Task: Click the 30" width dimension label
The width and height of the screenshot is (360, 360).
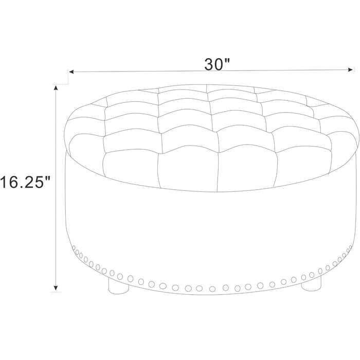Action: pyautogui.click(x=217, y=64)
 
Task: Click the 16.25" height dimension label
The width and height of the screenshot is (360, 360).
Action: pyautogui.click(x=25, y=182)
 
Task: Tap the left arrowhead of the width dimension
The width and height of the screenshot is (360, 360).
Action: pyautogui.click(x=71, y=72)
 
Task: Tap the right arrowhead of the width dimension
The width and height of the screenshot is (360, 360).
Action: pyautogui.click(x=350, y=69)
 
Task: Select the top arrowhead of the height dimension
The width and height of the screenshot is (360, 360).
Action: pyautogui.click(x=56, y=88)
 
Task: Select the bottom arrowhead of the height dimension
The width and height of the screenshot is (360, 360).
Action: pyautogui.click(x=56, y=288)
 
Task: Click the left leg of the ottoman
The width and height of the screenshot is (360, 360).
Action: pyautogui.click(x=118, y=286)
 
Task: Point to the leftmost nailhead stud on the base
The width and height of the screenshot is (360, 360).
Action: pyautogui.click(x=74, y=248)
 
